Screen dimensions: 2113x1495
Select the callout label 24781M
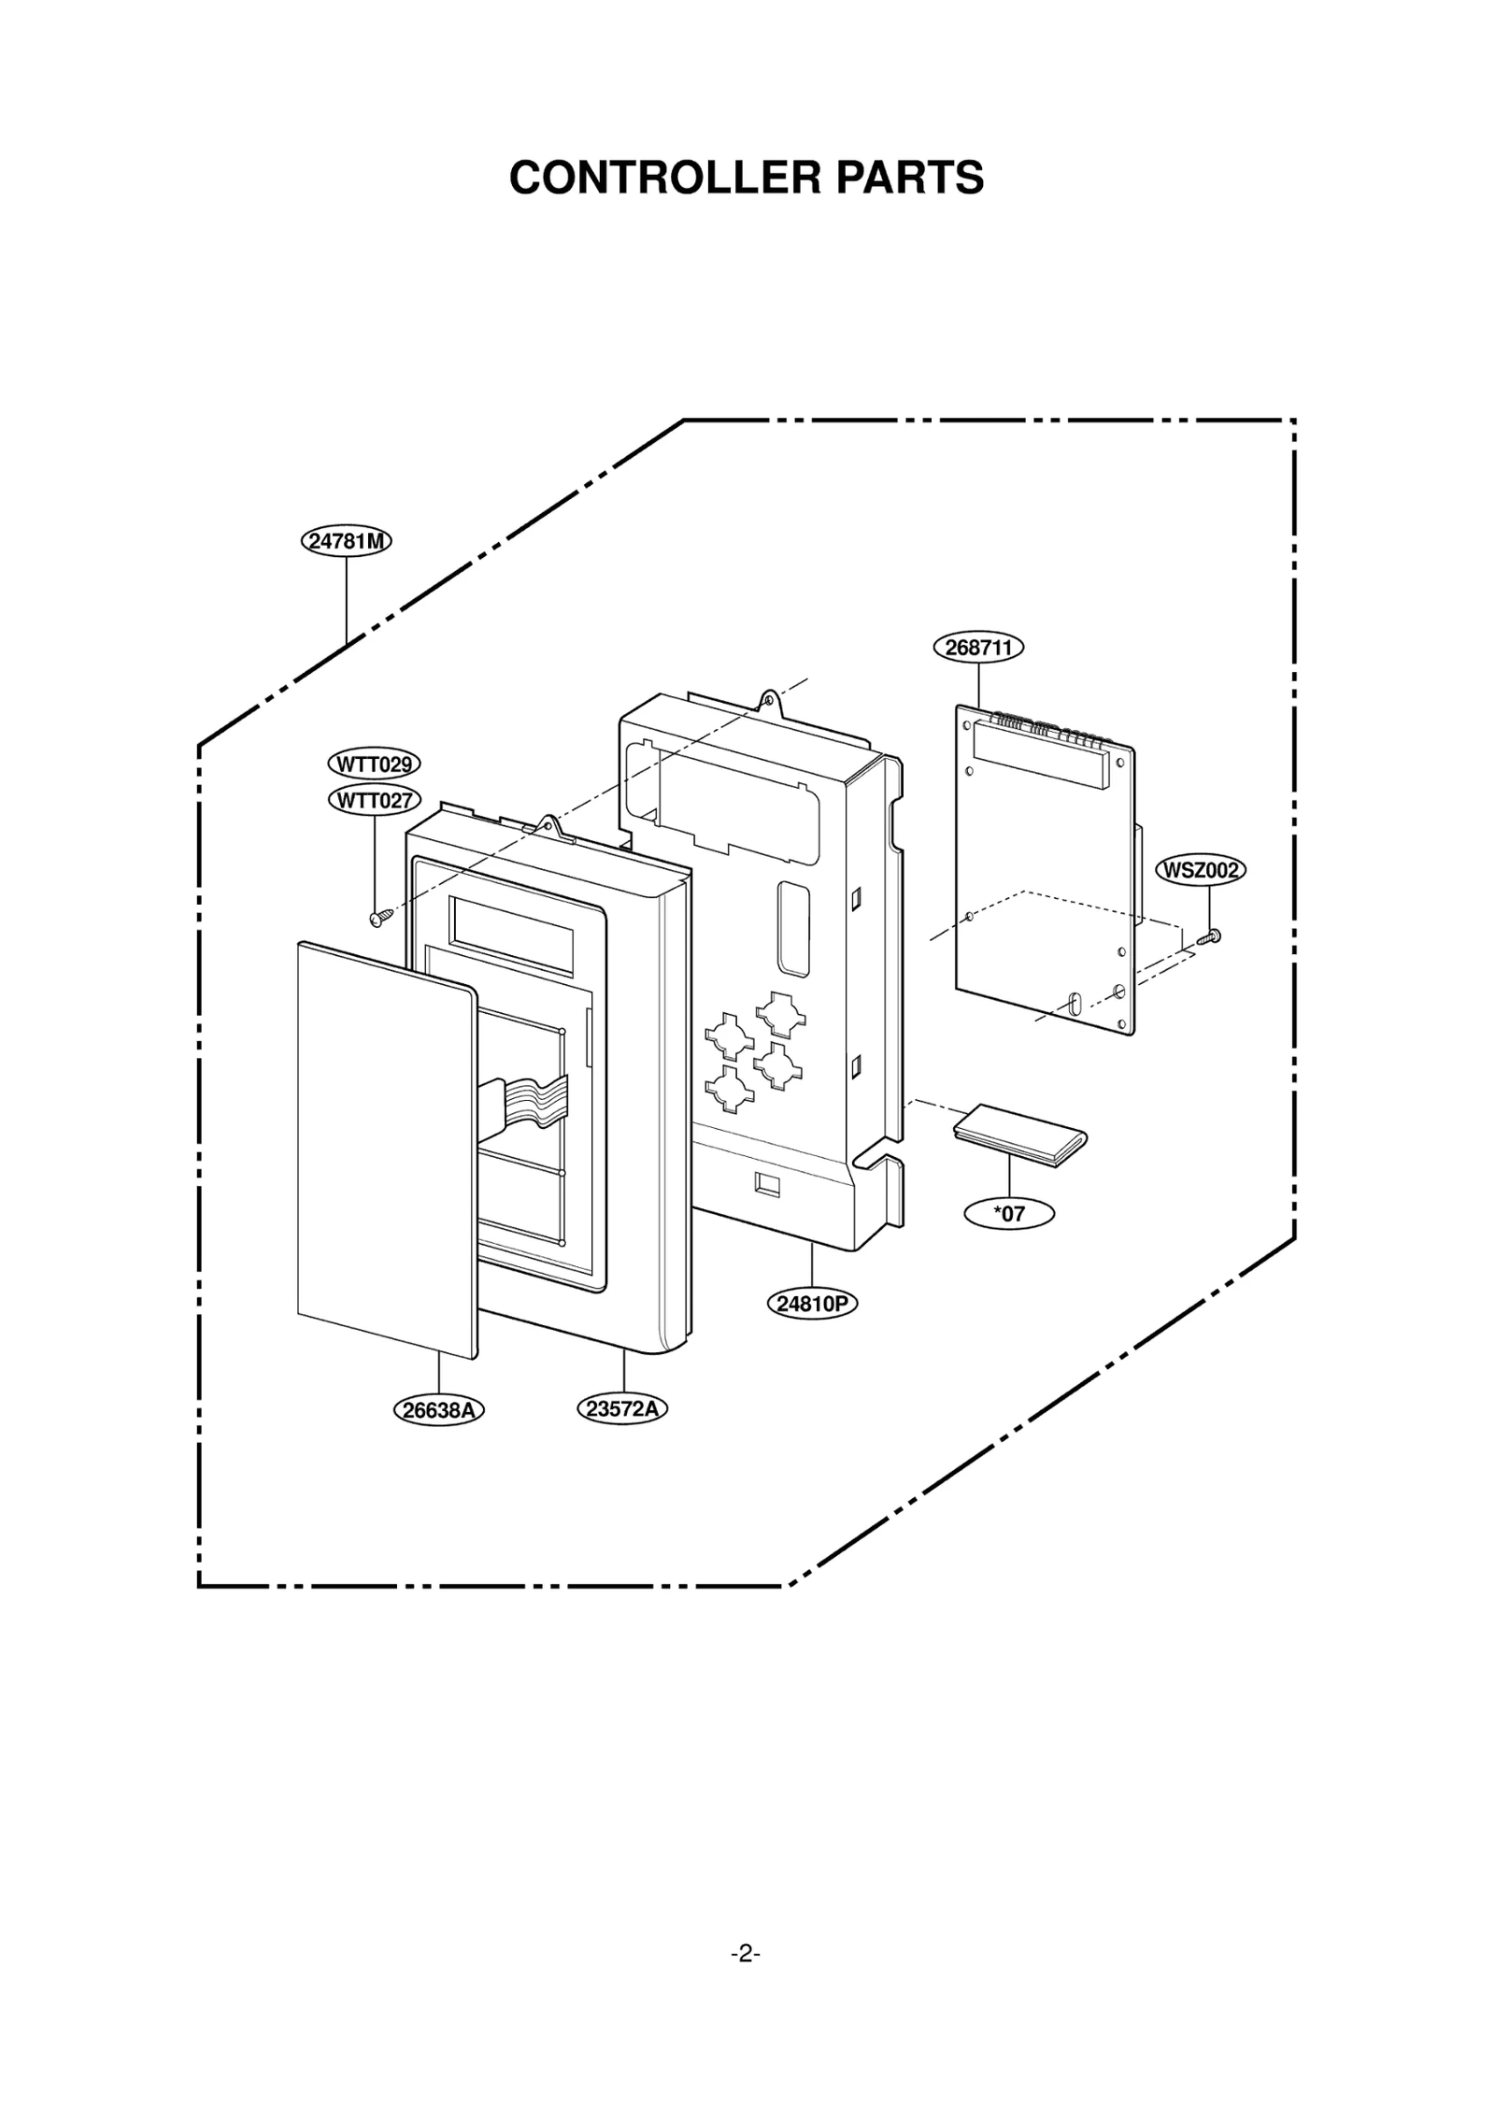pos(346,541)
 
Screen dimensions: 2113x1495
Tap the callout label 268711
pos(978,648)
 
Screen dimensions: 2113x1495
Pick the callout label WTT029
pos(374,764)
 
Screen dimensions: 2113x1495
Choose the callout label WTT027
pos(374,800)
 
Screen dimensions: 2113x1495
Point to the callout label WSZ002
pos(1201,870)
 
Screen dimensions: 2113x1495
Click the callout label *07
pos(1009,1214)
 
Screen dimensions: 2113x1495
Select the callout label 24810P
pos(812,1304)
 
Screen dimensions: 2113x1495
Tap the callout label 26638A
pos(438,1410)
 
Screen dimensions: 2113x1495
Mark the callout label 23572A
pos(622,1408)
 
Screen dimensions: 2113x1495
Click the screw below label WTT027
pos(378,919)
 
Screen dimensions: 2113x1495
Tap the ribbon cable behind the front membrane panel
pos(528,1098)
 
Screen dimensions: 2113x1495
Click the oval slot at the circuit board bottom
pos(1074,1004)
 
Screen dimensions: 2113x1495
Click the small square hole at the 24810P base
pos(767,1184)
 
